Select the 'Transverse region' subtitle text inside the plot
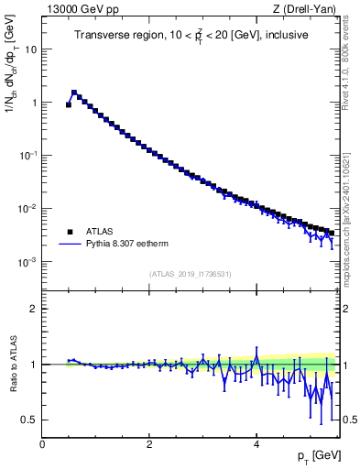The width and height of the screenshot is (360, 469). point(190,36)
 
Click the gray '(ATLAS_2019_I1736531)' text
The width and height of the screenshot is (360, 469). point(190,274)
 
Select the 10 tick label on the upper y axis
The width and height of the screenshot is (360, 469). point(30,49)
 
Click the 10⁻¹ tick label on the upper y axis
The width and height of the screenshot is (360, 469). point(27,156)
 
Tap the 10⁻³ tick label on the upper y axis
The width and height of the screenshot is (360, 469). point(27,262)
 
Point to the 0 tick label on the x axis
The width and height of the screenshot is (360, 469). point(42,443)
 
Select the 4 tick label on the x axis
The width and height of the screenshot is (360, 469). point(256,443)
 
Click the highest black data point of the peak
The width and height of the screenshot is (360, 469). point(74,93)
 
